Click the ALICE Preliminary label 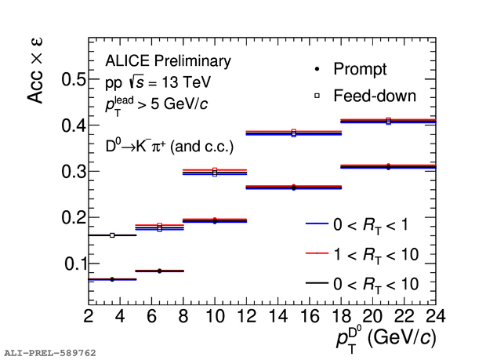168,61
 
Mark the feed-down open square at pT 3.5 112,235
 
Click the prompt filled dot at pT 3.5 112,279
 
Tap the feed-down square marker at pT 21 388,121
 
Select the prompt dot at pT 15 293,187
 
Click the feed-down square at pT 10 214,171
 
